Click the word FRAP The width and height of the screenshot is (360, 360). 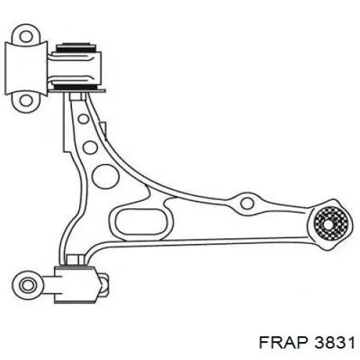point(284,342)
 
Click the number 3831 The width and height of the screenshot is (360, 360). point(335,342)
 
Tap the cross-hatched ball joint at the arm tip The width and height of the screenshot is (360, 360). point(330,224)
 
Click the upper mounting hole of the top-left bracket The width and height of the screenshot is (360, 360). point(26,37)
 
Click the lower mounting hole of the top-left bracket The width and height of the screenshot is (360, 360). point(26,100)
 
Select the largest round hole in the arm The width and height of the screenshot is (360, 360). point(105,176)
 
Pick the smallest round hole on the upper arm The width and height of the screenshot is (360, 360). point(84,119)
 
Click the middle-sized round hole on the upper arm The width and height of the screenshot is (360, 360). point(90,147)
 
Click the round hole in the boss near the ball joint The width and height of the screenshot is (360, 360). point(247,203)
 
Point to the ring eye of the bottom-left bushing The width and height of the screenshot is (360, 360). point(27,285)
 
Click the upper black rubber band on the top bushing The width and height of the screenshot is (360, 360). point(76,48)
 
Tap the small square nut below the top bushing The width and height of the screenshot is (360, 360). point(78,96)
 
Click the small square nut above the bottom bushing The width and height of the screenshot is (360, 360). point(75,260)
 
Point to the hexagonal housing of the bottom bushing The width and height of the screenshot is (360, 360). point(76,284)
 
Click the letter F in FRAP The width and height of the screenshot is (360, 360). point(264,342)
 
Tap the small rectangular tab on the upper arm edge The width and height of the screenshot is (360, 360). point(103,131)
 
